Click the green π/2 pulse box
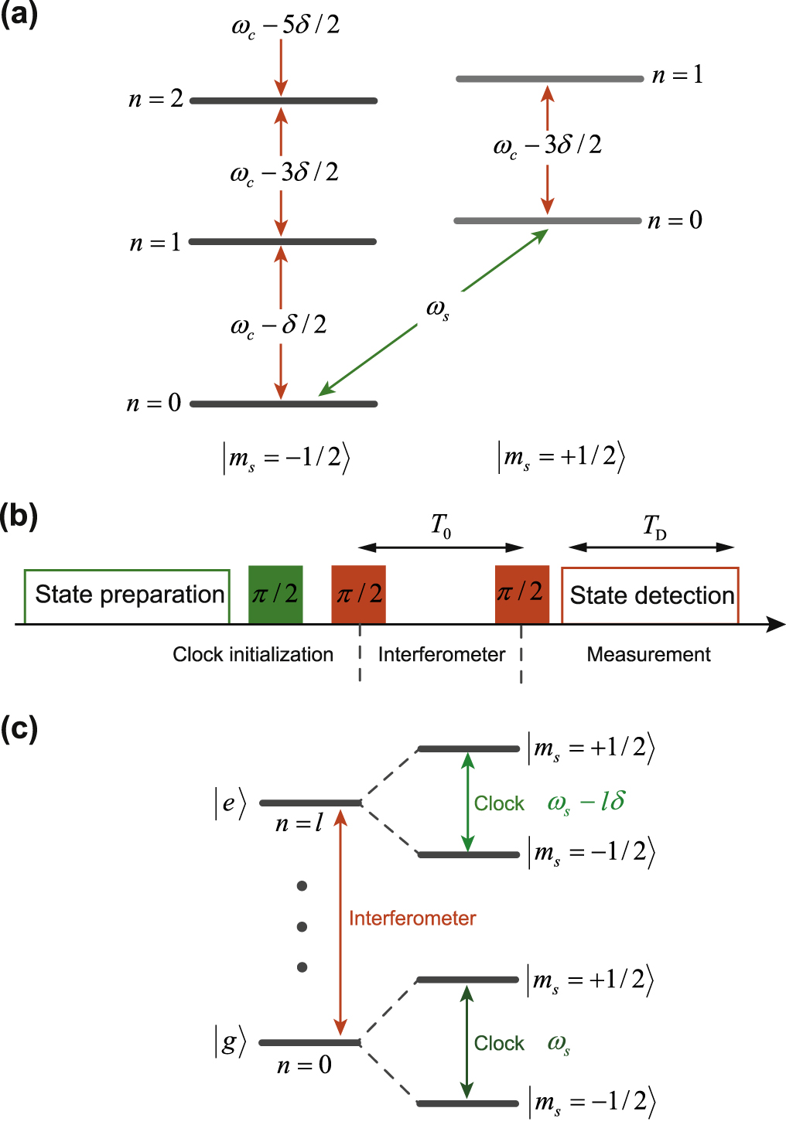(275, 594)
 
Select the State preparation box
(127, 595)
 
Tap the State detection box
(650, 595)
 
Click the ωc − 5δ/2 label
(285, 26)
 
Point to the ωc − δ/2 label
(279, 326)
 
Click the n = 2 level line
(283, 101)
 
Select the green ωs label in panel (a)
(438, 309)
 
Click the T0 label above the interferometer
(441, 527)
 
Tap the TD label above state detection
(654, 527)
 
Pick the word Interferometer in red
(412, 919)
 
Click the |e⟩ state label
(230, 803)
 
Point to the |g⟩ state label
(230, 1042)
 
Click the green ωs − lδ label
(586, 803)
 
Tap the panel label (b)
(19, 516)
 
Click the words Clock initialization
(253, 655)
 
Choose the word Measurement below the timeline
(648, 655)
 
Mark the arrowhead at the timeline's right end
(777, 624)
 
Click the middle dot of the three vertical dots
(302, 926)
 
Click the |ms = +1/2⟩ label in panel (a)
(561, 457)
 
